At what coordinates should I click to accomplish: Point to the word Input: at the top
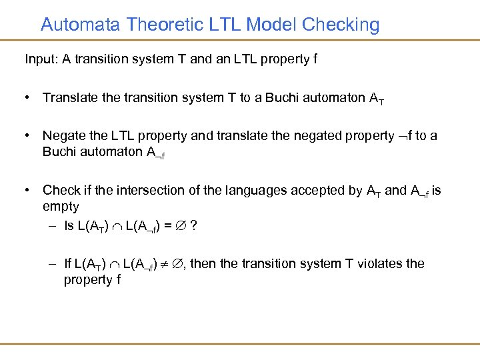(x=42, y=59)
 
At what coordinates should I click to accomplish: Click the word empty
(x=61, y=207)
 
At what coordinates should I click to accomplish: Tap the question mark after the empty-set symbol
(x=193, y=226)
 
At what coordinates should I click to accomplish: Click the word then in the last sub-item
(x=203, y=263)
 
